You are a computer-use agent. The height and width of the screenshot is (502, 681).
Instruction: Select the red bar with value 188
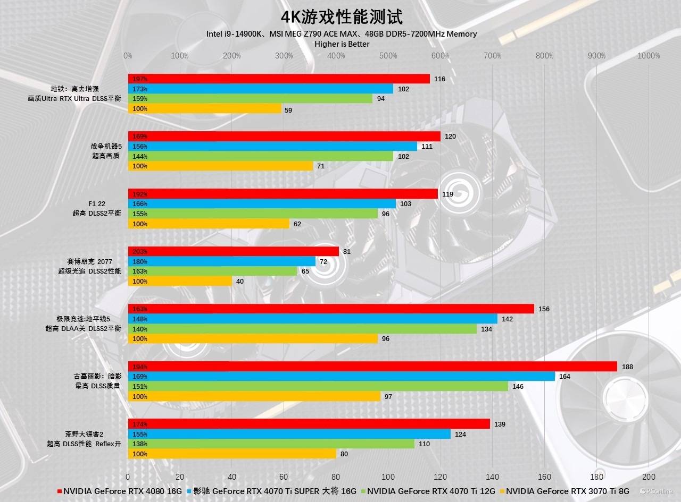pos(372,367)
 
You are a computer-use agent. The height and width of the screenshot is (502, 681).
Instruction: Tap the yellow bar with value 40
pos(180,281)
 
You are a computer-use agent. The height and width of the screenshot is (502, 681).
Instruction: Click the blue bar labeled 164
pos(341,377)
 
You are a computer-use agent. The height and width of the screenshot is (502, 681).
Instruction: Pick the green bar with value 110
pos(271,444)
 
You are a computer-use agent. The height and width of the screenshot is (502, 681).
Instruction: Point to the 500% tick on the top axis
pos(388,56)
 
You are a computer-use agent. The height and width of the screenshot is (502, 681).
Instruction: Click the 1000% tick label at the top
pos(649,56)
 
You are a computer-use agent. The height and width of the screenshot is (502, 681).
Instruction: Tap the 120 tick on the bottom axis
pos(441,477)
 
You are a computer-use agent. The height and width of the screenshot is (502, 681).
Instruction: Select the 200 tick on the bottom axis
pos(649,477)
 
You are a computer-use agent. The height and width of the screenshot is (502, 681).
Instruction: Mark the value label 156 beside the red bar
pos(544,309)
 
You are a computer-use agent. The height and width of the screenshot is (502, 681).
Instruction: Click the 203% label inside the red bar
pos(140,251)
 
